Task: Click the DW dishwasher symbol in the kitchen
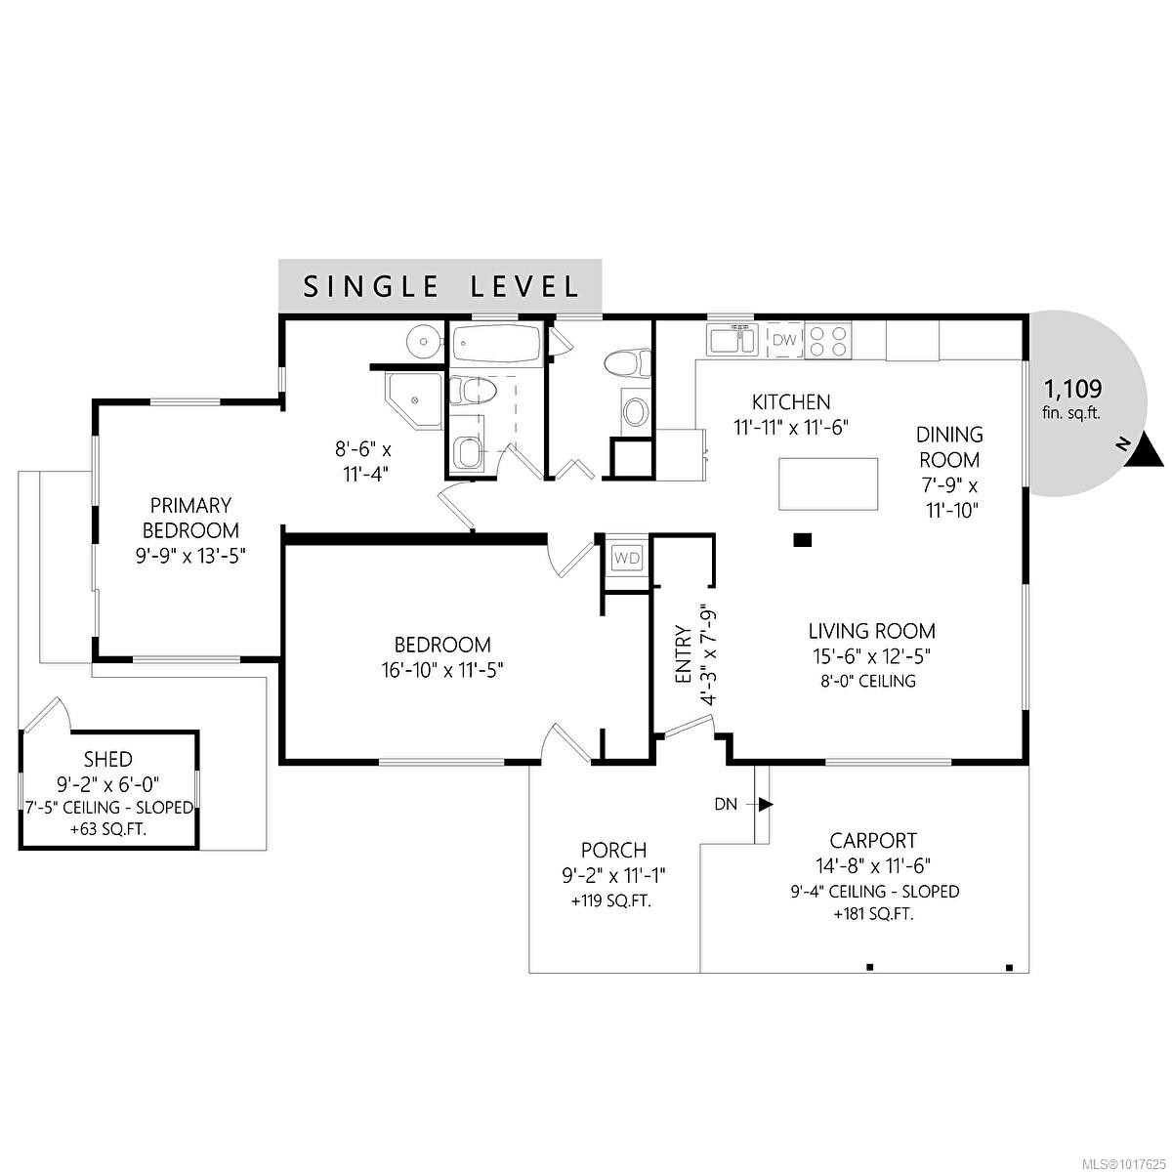click(x=784, y=340)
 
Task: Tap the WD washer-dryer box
click(x=626, y=559)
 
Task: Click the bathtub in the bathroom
click(x=496, y=345)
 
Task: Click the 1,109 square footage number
click(x=1073, y=387)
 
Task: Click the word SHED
click(x=107, y=759)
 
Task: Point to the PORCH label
click(x=613, y=851)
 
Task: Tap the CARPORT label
click(x=873, y=840)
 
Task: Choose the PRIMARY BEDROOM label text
click(x=190, y=518)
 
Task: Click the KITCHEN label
click(x=791, y=401)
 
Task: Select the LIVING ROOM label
click(x=871, y=631)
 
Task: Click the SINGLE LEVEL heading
click(x=440, y=286)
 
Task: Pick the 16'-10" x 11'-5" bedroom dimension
click(x=441, y=669)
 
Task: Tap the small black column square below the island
click(x=803, y=539)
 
